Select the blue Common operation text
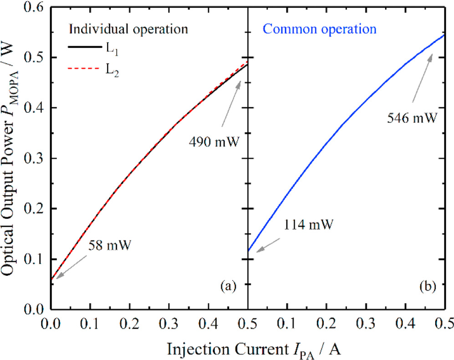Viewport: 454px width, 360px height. [x=320, y=30]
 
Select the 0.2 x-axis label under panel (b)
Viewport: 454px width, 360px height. [x=326, y=323]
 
